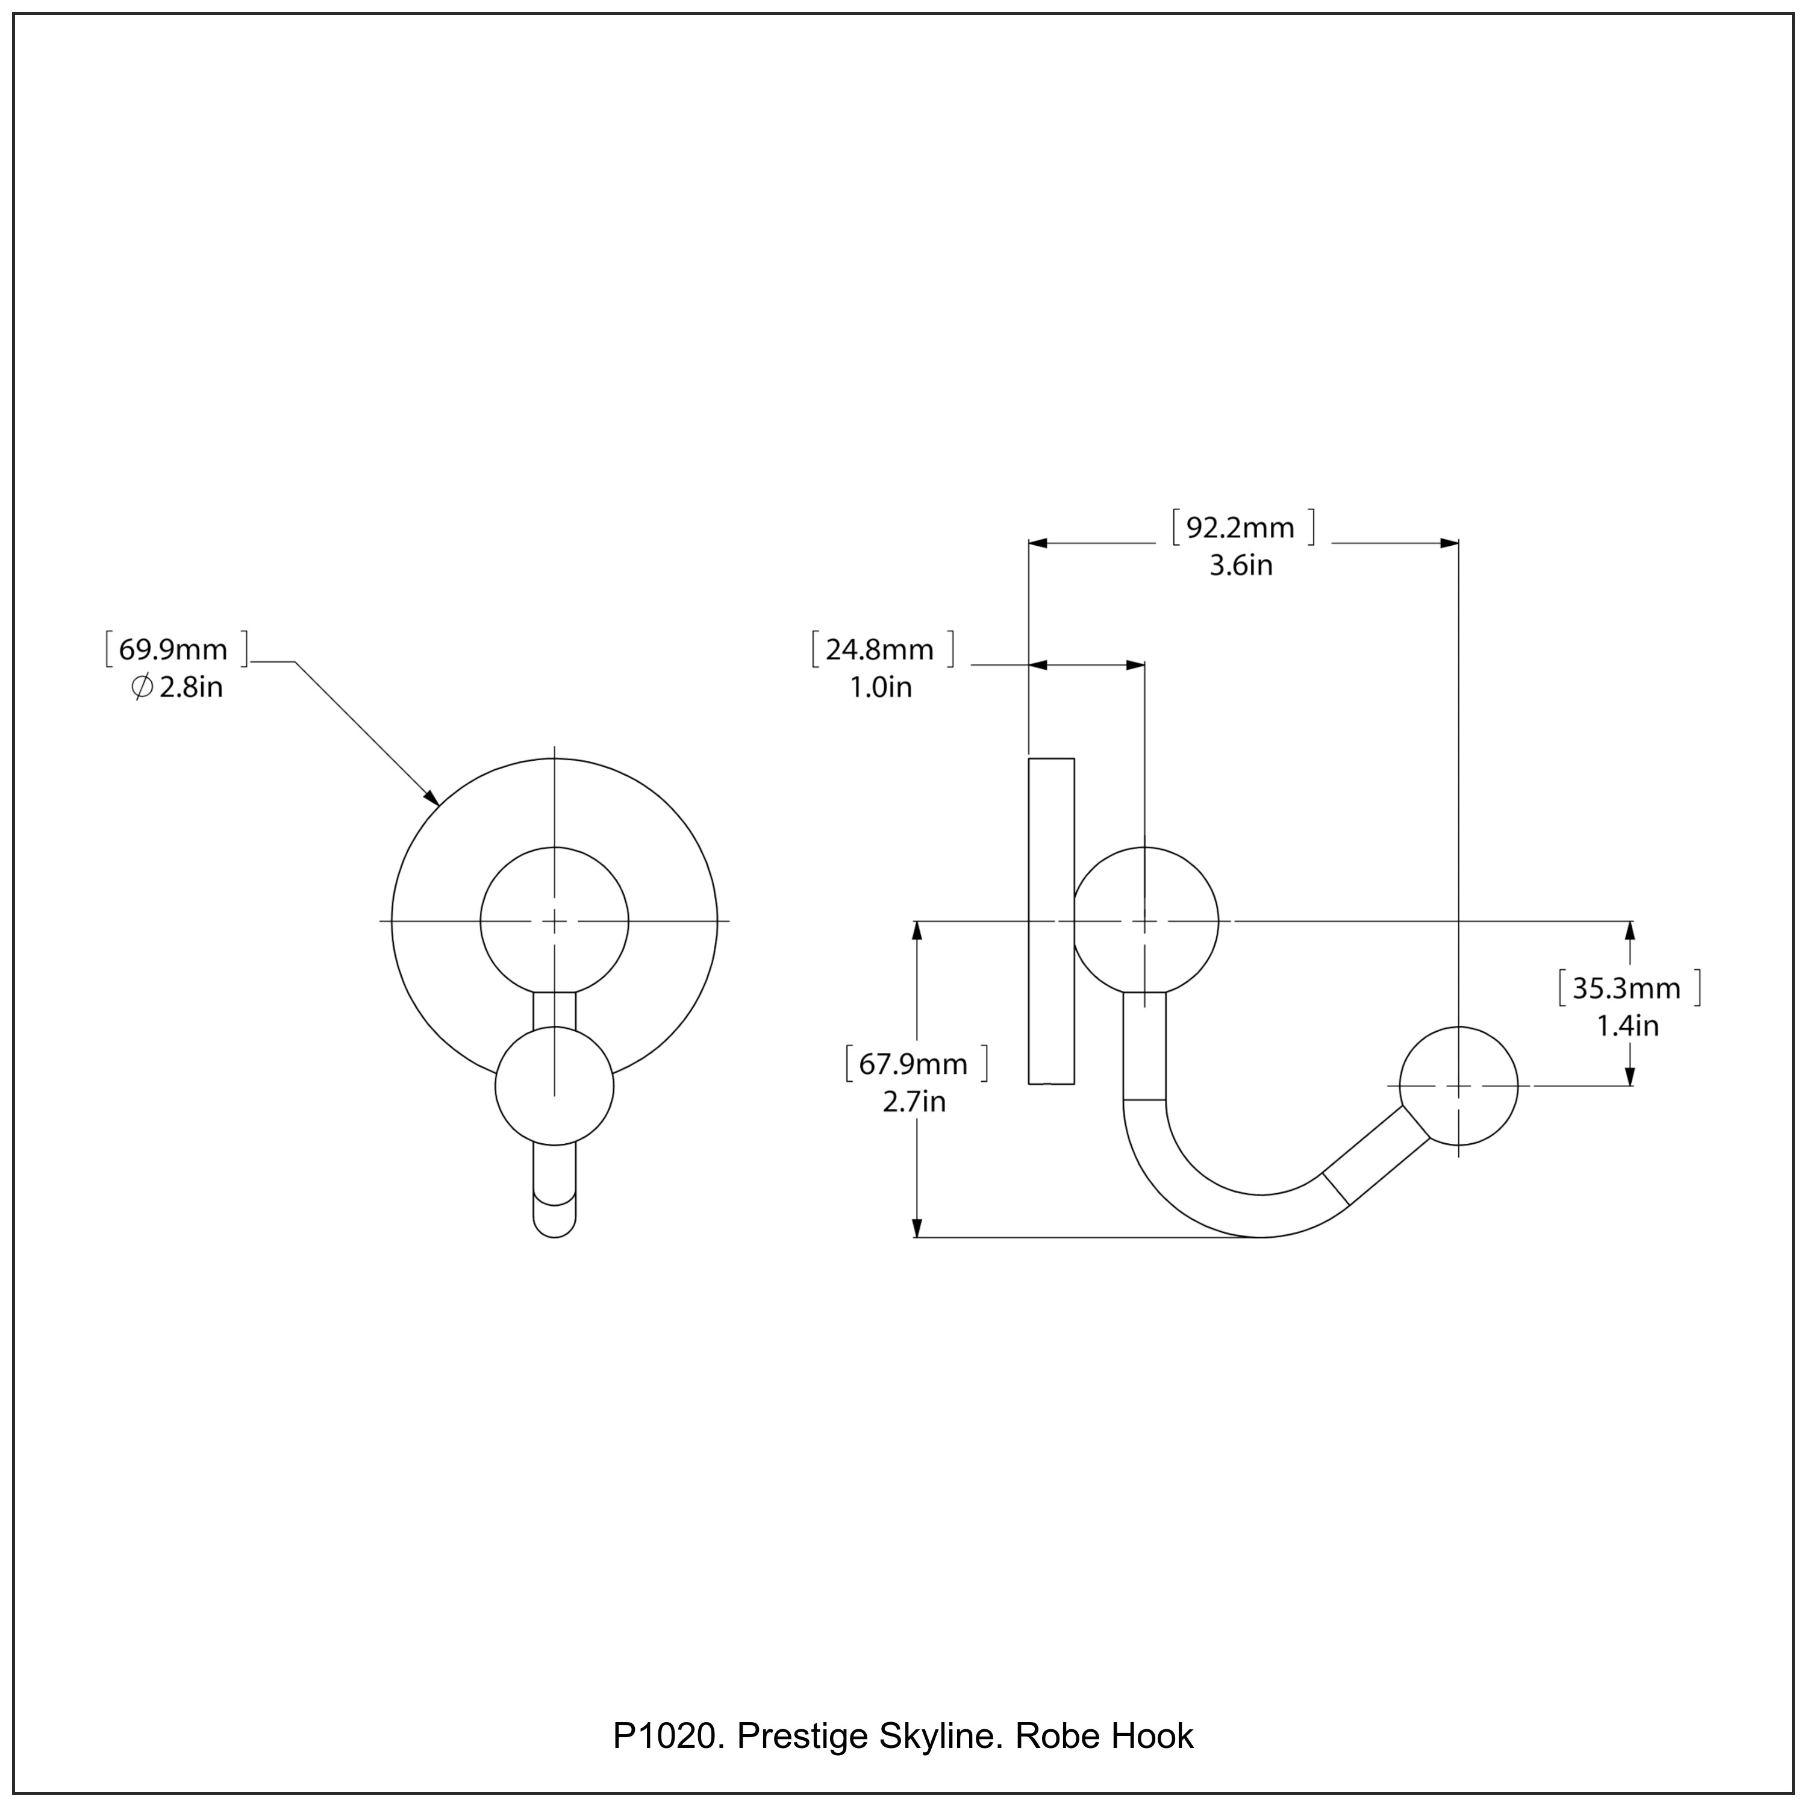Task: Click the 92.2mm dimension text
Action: pos(1240,528)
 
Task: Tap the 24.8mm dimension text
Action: pos(879,650)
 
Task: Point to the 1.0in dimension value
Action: pos(879,688)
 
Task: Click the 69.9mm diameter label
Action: pos(173,650)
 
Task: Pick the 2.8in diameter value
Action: pos(191,688)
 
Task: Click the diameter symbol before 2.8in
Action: pos(142,688)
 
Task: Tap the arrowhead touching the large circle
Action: pos(432,798)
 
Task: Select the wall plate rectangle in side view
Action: pos(1051,922)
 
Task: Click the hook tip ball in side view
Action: pos(1458,1086)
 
